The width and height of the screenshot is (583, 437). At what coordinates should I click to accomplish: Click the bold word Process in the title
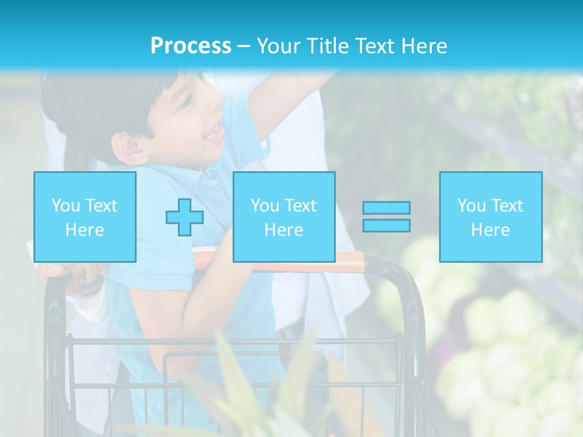[x=191, y=46]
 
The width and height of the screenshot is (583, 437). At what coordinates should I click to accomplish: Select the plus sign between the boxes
[x=185, y=217]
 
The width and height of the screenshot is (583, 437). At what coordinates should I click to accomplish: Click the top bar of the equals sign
[x=386, y=208]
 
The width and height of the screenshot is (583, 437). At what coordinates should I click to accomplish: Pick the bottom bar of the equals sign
[x=386, y=225]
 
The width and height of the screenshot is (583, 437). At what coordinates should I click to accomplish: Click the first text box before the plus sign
[x=84, y=217]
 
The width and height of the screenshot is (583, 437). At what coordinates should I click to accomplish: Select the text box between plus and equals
[x=284, y=217]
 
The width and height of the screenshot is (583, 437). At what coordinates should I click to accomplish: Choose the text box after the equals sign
[x=490, y=217]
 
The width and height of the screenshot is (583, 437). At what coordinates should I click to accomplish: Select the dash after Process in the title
[x=244, y=46]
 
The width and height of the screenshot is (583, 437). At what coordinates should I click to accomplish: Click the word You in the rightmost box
[x=471, y=206]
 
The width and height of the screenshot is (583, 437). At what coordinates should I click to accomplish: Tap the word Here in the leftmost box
[x=84, y=230]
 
